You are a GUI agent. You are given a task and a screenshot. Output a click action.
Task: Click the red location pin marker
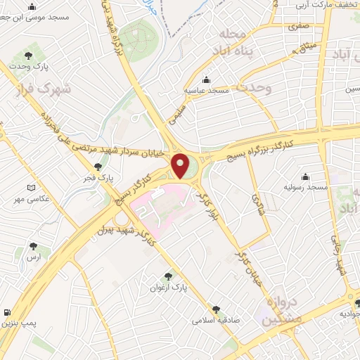pyautogui.click(x=181, y=166)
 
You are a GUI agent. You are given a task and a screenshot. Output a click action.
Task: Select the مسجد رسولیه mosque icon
pyautogui.click(x=305, y=176)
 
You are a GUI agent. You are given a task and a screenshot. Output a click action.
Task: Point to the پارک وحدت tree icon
pyautogui.click(x=28, y=55)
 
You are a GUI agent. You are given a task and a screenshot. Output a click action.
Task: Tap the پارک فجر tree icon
pyautogui.click(x=98, y=167)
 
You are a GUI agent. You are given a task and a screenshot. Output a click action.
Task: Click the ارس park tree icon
pyautogui.click(x=33, y=246)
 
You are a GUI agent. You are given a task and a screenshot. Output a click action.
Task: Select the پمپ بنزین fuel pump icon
pyautogui.click(x=7, y=312)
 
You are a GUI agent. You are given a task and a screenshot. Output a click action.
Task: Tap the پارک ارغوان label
pyautogui.click(x=167, y=288)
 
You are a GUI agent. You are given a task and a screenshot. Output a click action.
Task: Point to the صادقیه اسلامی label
pyautogui.click(x=217, y=319)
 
